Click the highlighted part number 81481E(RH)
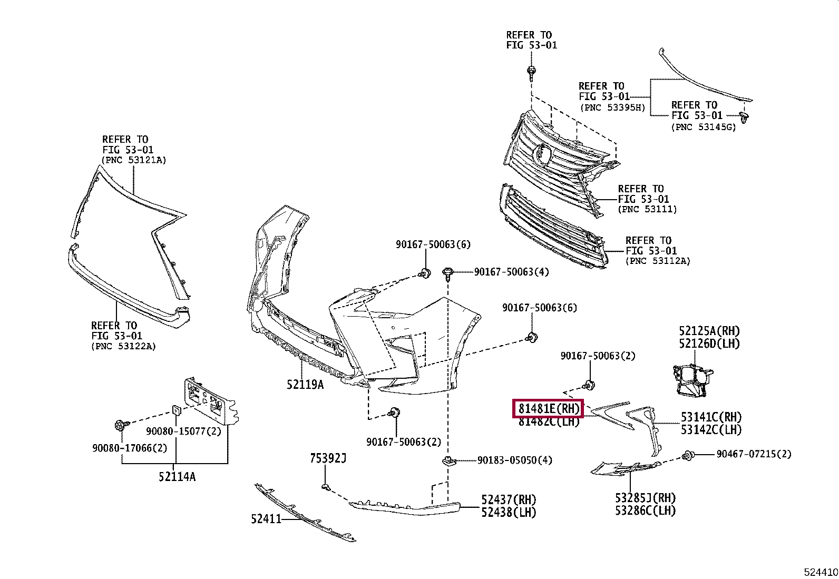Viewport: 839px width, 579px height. [549, 409]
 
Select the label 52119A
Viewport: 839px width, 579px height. [305, 385]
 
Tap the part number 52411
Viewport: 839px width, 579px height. [266, 519]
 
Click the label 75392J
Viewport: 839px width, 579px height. [328, 458]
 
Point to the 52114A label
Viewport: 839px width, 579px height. [177, 477]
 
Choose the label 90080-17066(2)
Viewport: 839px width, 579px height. [130, 448]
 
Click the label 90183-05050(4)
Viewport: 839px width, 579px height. [515, 460]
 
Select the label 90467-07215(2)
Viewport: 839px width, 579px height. [754, 454]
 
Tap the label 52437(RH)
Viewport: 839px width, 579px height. [509, 500]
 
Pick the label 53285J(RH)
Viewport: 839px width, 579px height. [646, 498]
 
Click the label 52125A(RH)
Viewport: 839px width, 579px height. [709, 331]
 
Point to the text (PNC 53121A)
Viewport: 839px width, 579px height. [134, 160]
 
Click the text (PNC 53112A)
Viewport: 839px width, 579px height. [658, 261]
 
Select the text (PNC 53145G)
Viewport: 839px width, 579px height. [704, 127]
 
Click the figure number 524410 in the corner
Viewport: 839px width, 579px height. [821, 572]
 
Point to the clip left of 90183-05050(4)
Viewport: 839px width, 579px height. [448, 461]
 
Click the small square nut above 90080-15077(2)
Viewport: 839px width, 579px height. [175, 410]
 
